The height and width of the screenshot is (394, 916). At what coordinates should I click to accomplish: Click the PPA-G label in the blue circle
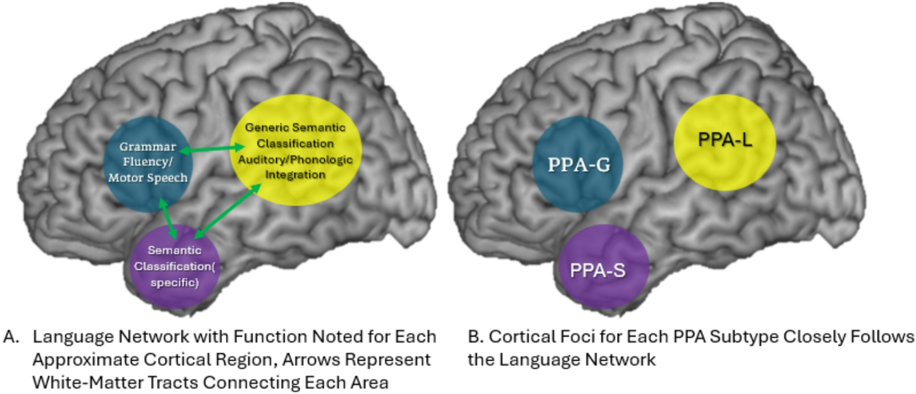click(579, 165)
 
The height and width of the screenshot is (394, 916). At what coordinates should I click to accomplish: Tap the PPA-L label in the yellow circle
click(725, 140)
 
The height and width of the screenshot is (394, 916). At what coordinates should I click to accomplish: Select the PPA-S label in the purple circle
click(598, 270)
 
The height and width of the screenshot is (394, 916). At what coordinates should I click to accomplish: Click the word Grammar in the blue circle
click(147, 146)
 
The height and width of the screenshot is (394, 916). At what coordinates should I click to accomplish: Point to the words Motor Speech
click(148, 178)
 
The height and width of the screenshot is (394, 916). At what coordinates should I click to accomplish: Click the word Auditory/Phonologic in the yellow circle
click(295, 159)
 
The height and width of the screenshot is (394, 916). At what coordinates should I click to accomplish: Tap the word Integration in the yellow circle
click(295, 175)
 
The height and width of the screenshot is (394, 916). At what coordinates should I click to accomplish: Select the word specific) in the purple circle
click(175, 282)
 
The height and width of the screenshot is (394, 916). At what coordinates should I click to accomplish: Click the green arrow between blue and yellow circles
click(212, 149)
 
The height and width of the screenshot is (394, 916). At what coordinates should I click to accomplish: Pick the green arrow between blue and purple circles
click(168, 219)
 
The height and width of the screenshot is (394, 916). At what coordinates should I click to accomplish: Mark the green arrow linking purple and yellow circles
click(228, 211)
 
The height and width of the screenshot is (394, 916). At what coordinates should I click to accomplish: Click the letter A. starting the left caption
click(12, 337)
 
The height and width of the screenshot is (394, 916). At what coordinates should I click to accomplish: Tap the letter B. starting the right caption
click(475, 337)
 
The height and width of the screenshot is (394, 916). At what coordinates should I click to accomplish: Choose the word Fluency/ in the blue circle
click(147, 162)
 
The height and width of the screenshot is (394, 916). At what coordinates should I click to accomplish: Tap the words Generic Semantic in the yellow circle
click(295, 127)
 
